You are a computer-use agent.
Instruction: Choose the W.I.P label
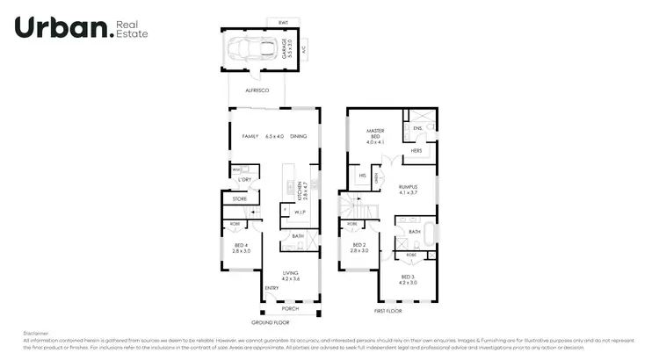point(299,212)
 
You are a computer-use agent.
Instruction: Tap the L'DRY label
point(245,180)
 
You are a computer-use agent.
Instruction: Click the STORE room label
point(239,199)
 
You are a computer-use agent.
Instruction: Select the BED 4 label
point(241,247)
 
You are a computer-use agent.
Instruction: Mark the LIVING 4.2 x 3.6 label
point(290,277)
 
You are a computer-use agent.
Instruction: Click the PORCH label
point(289,308)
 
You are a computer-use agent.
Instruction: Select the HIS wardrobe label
point(362,176)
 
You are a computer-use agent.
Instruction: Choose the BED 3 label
point(407,280)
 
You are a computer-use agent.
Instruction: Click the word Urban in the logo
point(62,28)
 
